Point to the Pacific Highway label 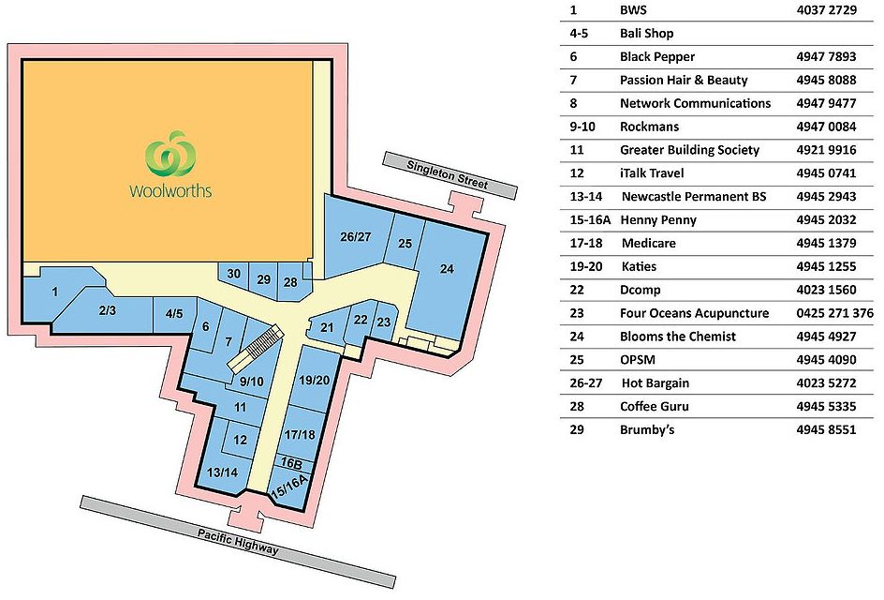point(238,542)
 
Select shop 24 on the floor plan point(447,270)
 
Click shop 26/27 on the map point(356,236)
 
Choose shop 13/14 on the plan point(223,472)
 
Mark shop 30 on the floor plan point(234,274)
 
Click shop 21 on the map point(327,326)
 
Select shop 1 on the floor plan point(55,292)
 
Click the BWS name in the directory point(633,10)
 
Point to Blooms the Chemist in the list point(677,337)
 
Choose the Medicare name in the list point(648,244)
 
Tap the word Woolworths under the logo point(170,191)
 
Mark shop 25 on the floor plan point(405,244)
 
